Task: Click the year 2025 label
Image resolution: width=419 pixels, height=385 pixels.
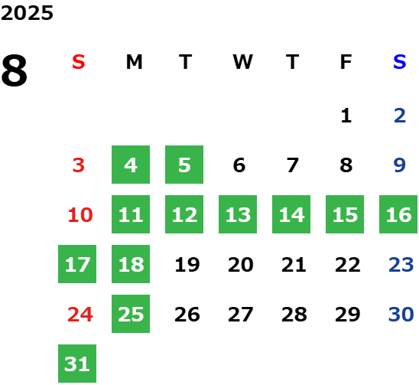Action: [x=27, y=13]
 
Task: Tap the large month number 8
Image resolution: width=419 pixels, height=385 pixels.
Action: [x=15, y=70]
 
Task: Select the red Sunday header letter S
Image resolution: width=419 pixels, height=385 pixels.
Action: [x=79, y=62]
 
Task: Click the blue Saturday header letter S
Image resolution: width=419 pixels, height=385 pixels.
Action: [x=400, y=62]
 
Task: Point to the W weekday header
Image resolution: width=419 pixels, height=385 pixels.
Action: [x=242, y=62]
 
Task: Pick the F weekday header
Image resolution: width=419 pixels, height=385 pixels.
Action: [x=346, y=62]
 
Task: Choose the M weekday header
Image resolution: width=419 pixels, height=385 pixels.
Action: [x=134, y=62]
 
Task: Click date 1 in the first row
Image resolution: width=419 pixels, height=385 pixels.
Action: [x=346, y=116]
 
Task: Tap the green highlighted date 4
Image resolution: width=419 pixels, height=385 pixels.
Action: [x=131, y=165]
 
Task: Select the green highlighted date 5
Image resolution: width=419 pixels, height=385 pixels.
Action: [x=184, y=165]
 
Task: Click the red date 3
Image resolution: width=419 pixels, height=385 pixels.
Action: [x=79, y=165]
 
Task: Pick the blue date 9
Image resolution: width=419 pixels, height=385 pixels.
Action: [x=400, y=165]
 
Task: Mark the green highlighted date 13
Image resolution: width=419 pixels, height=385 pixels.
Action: [x=238, y=214]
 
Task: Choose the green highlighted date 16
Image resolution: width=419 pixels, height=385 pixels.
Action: [x=398, y=214]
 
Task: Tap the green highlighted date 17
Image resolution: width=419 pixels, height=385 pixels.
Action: [x=77, y=264]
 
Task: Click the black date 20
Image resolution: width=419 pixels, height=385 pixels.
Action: [x=241, y=265]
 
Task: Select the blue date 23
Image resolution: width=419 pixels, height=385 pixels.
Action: [x=401, y=265]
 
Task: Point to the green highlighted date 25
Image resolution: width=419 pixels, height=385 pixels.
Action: [x=131, y=314]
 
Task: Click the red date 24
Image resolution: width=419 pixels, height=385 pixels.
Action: [x=80, y=315]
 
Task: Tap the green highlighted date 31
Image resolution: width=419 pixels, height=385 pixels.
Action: [x=77, y=364]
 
